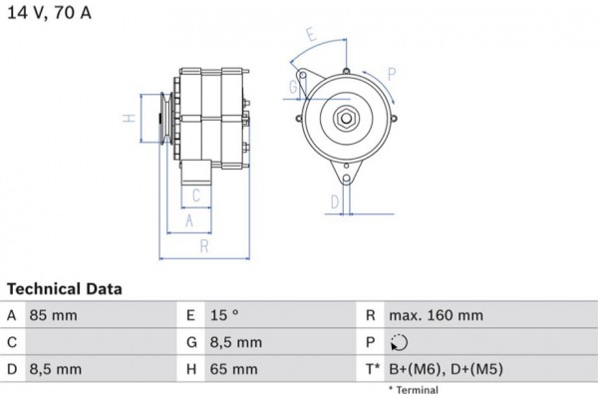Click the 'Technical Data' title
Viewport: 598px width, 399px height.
[x=64, y=289]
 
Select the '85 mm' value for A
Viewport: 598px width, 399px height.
[x=54, y=315]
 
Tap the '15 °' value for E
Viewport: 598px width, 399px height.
[x=225, y=315]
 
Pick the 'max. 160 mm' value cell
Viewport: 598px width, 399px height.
[x=436, y=315]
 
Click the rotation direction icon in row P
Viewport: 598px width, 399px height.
[x=399, y=342]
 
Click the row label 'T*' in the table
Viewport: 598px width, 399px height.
[x=371, y=369]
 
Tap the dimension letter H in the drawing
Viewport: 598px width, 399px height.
[x=128, y=119]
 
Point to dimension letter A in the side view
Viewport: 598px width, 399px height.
[x=189, y=220]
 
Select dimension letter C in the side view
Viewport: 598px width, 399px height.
[x=196, y=195]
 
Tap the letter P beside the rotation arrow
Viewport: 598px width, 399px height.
[x=392, y=74]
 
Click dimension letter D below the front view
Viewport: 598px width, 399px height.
[x=335, y=201]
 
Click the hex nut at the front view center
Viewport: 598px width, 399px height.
[x=346, y=118]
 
